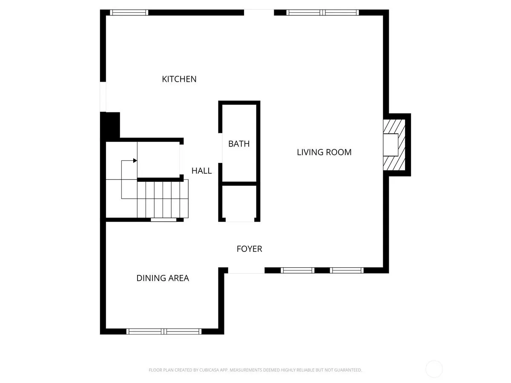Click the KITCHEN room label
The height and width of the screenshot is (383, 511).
coord(179,79)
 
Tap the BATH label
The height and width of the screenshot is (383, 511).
coord(239,144)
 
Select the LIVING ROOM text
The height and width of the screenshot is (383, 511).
coord(324,152)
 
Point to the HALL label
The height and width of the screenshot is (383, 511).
coord(201,171)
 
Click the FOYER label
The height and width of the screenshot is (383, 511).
coord(250,249)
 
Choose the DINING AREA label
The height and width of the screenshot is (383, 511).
coord(163,278)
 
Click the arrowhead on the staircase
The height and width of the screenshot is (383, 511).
coord(135,160)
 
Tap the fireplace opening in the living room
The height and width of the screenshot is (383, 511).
coord(390,145)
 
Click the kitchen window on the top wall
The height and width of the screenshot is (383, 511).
coord(129,13)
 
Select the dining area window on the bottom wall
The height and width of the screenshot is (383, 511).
coord(164,332)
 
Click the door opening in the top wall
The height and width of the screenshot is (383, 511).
coord(259,13)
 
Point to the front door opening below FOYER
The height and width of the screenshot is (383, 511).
coord(246,270)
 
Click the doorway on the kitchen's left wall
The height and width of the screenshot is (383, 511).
coord(103,97)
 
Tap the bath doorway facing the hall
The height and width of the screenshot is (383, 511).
coord(220,148)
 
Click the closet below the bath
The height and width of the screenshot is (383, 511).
coord(240,202)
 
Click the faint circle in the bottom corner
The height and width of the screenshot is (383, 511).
coord(434,369)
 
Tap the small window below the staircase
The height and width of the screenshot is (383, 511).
coord(164,220)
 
